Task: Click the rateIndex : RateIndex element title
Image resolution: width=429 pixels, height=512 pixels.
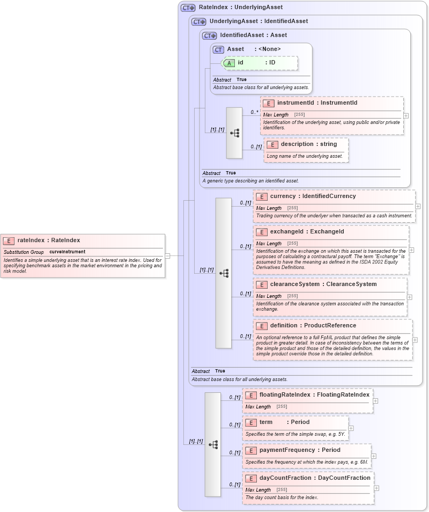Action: coord(48,240)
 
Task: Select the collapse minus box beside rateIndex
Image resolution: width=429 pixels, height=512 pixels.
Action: coord(167,256)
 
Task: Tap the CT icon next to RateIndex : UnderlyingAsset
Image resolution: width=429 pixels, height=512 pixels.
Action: coord(188,8)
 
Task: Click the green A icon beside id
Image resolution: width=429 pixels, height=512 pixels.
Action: coord(229,63)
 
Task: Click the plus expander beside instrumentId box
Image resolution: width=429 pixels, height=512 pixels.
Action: coord(406,115)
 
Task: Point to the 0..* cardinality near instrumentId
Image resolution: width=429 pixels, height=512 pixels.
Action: coord(254,112)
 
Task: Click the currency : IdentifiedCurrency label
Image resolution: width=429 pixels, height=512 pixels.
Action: coord(313,196)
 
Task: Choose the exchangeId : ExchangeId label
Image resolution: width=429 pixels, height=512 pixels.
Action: coord(307,231)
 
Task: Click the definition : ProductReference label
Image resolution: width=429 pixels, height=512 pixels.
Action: coord(313,325)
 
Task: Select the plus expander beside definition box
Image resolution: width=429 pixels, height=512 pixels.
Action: coord(415,340)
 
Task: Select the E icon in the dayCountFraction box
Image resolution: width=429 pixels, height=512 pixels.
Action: coord(250,478)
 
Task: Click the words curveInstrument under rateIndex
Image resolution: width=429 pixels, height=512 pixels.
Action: coord(67,252)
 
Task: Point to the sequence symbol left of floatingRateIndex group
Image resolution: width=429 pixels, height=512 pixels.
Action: coord(213,444)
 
